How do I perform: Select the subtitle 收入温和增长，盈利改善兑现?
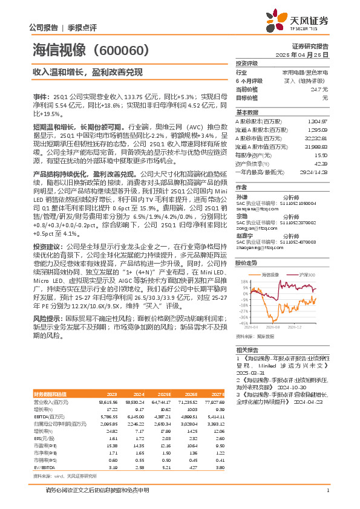[88, 73]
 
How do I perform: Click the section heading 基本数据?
[247, 112]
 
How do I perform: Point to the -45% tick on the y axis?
[243, 323]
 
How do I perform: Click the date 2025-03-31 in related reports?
[250, 375]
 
